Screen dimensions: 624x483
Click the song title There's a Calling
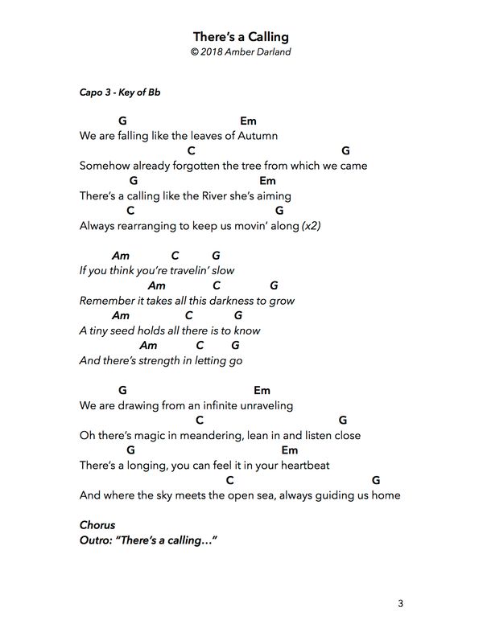tap(241, 37)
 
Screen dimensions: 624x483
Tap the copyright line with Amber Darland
tap(241, 51)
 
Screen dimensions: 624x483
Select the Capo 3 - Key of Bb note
tap(120, 92)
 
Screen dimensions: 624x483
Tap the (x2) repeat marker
tap(311, 226)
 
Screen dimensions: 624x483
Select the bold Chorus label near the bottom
tap(97, 525)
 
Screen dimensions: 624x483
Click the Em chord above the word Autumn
tap(248, 121)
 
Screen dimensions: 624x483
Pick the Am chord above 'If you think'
tap(121, 256)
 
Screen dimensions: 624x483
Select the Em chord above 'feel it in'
tap(290, 450)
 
